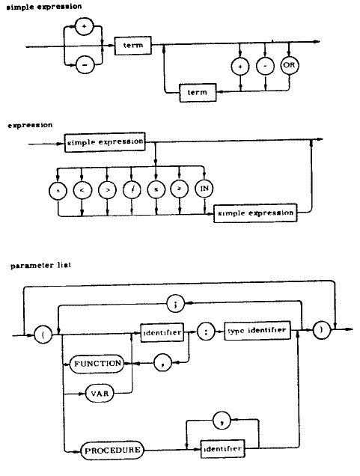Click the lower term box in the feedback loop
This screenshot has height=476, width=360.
pyautogui.click(x=198, y=92)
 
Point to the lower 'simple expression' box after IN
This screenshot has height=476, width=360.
pyautogui.click(x=254, y=213)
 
